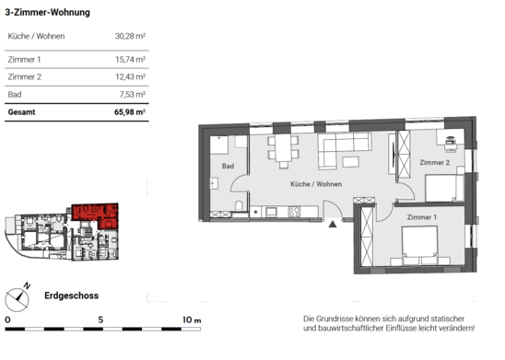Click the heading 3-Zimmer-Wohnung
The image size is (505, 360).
[47, 13]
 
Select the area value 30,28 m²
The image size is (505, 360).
[130, 36]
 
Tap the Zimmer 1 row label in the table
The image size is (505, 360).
[25, 60]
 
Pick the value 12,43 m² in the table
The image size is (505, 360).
[131, 77]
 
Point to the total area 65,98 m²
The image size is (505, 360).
[130, 112]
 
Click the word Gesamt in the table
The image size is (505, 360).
[21, 112]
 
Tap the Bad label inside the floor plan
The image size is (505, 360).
[228, 166]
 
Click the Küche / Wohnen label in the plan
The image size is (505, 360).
[316, 184]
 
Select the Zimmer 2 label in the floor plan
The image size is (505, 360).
[434, 162]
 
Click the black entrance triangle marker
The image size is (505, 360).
[333, 224]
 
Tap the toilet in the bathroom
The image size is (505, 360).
[239, 205]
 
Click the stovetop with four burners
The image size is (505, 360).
[294, 212]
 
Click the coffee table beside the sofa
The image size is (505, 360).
[350, 161]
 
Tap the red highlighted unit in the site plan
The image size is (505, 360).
[97, 214]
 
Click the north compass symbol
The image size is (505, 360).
[18, 298]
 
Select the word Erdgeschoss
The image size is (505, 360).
[72, 296]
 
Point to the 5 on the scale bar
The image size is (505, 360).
[100, 319]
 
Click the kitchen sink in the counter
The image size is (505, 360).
[271, 212]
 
